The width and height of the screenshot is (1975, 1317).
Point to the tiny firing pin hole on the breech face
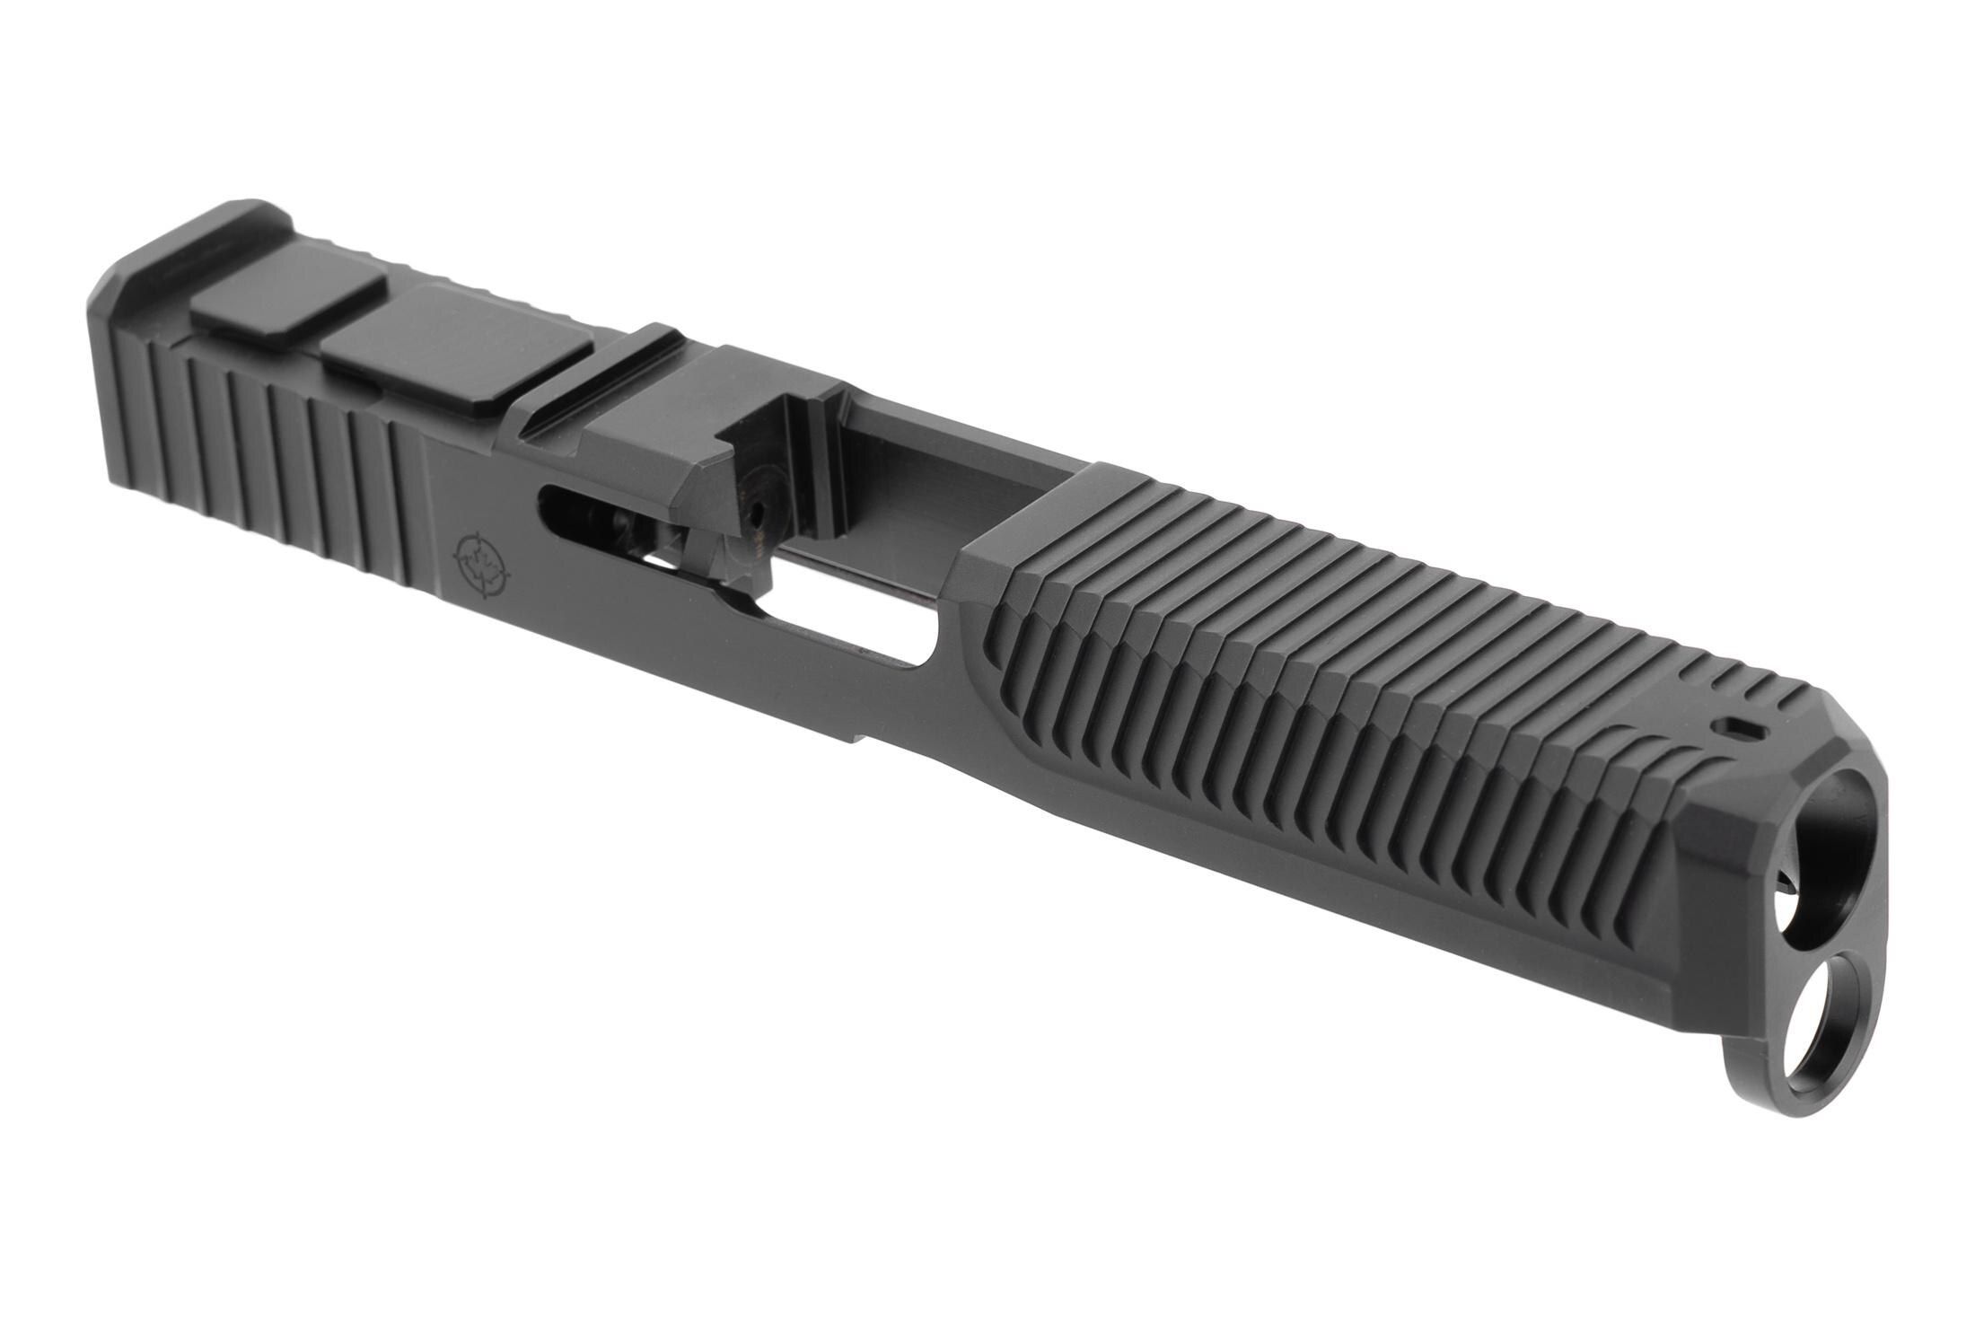[x=757, y=516]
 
